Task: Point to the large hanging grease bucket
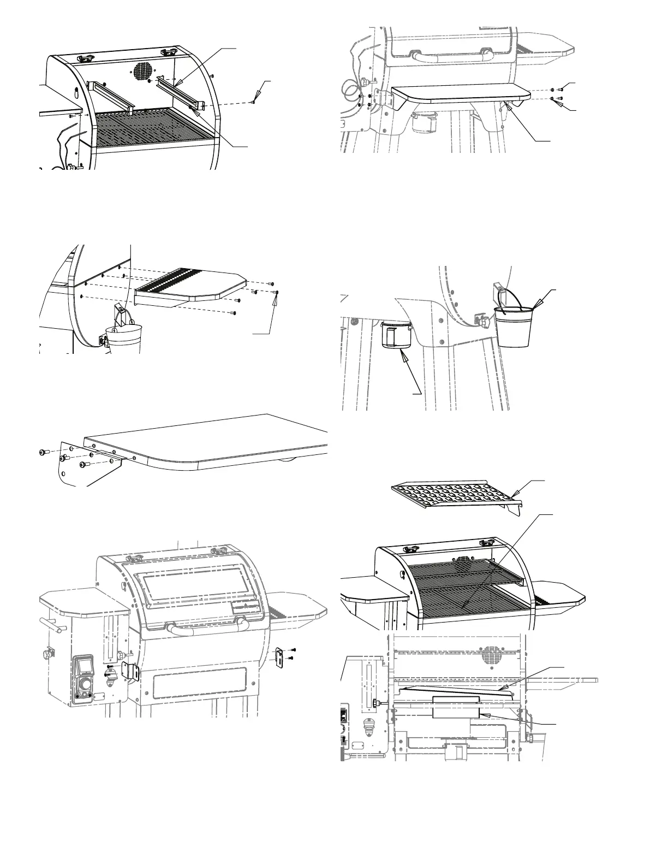coord(512,327)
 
